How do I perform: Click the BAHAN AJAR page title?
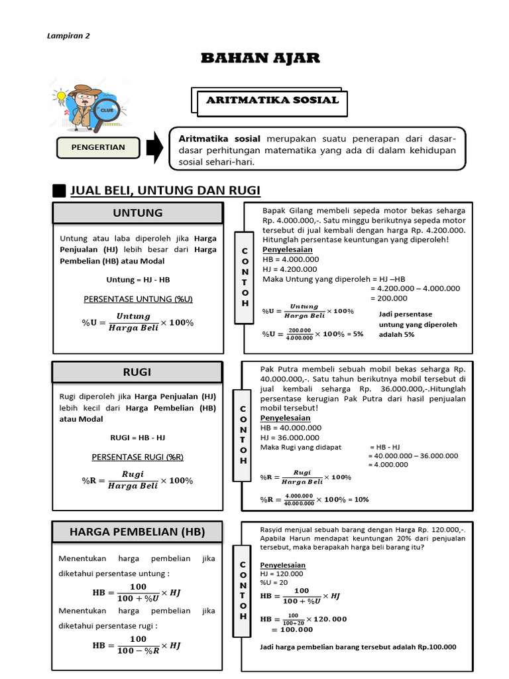pyautogui.click(x=260, y=58)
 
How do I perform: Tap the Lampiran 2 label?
pyautogui.click(x=68, y=36)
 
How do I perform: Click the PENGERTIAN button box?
pyautogui.click(x=98, y=147)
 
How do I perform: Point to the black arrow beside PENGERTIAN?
pyautogui.click(x=153, y=147)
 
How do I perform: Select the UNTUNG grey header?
pyautogui.click(x=138, y=213)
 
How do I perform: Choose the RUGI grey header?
pyautogui.click(x=138, y=373)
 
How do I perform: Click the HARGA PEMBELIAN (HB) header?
pyautogui.click(x=138, y=532)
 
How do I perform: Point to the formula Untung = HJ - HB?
pyautogui.click(x=138, y=280)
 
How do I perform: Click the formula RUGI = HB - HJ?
pyautogui.click(x=138, y=438)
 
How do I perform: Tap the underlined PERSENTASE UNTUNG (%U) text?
pyautogui.click(x=138, y=299)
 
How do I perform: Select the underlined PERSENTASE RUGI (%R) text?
pyautogui.click(x=138, y=457)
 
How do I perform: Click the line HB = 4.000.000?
pyautogui.click(x=291, y=259)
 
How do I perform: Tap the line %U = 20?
pyautogui.click(x=274, y=582)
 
